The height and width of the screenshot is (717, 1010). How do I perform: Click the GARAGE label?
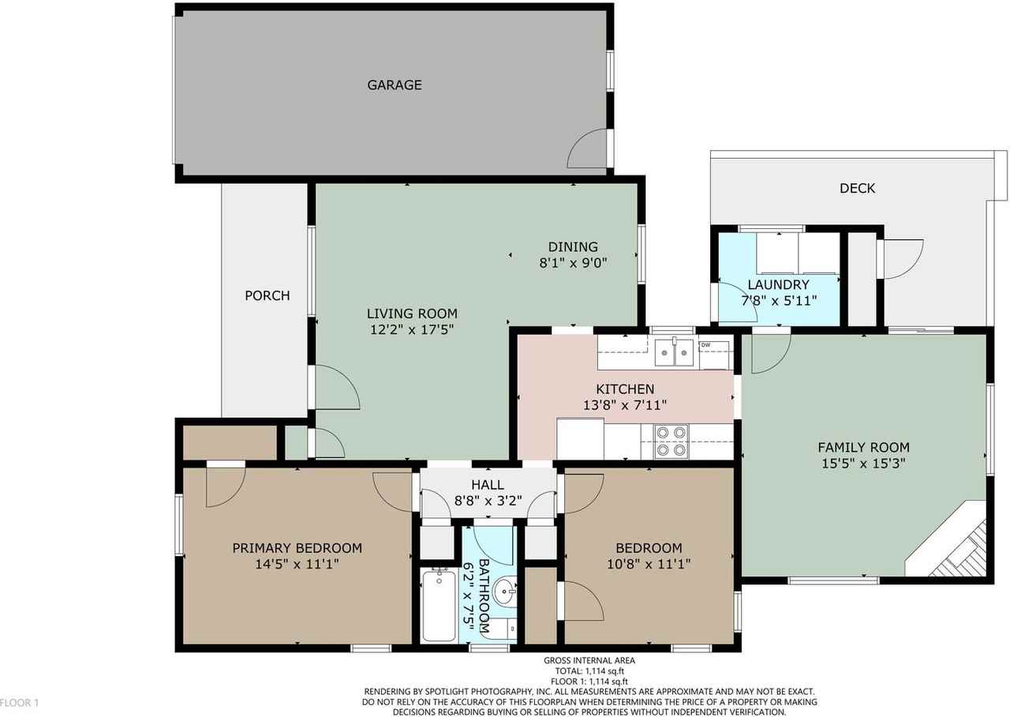394,85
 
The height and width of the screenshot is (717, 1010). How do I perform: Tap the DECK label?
857,189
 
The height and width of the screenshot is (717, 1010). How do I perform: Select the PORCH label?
267,296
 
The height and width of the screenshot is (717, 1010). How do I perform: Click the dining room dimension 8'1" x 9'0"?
573,263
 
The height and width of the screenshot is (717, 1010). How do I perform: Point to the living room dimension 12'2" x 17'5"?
412,329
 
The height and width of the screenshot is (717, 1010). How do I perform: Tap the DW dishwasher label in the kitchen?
705,345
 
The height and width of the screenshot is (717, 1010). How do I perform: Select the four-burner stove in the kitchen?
671,441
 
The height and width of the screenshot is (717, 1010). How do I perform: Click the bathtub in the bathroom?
438,605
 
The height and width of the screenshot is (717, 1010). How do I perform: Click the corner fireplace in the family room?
959,549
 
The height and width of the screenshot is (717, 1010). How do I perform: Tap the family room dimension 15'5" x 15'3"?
863,464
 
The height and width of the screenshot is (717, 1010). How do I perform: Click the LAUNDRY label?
778,285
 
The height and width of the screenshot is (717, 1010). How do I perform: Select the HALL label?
487,485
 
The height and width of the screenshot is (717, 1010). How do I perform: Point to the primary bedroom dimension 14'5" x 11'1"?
297,565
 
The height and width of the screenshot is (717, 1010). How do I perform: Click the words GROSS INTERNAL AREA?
589,661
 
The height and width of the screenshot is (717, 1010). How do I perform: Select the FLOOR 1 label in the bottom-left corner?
19,702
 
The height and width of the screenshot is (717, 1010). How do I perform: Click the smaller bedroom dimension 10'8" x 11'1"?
649,565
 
